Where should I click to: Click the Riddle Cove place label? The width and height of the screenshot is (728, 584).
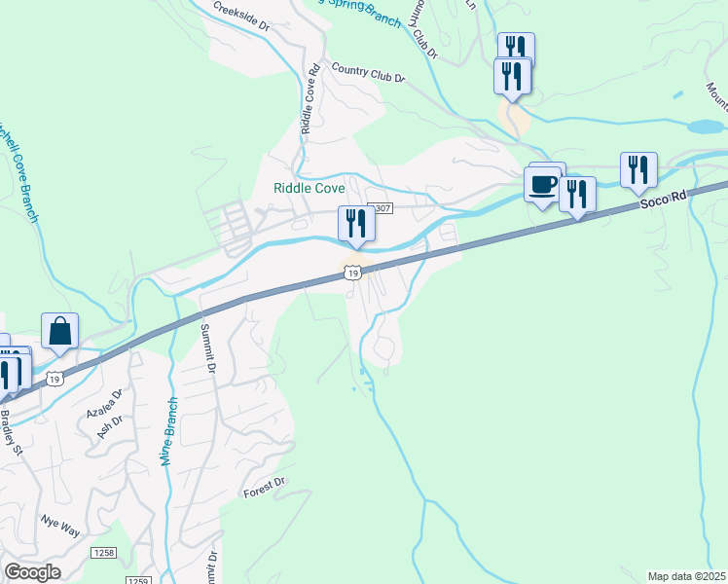point(309,188)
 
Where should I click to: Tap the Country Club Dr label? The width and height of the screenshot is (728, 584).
point(367,73)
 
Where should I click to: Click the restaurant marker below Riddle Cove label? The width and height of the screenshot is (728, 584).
point(355,224)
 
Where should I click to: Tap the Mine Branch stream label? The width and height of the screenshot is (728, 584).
point(166,430)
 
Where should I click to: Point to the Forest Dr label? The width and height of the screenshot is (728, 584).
point(265,483)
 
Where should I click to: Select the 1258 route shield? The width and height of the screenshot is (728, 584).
point(104,552)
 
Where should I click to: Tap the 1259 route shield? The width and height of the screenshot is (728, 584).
point(139,579)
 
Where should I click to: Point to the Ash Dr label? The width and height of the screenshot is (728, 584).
point(110,426)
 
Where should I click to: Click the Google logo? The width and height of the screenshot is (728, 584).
point(32,572)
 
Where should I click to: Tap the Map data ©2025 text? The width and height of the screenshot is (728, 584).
point(686,576)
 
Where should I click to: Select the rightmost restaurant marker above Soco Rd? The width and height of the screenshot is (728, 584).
point(638,169)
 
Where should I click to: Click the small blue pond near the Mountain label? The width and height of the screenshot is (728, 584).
point(704,127)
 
